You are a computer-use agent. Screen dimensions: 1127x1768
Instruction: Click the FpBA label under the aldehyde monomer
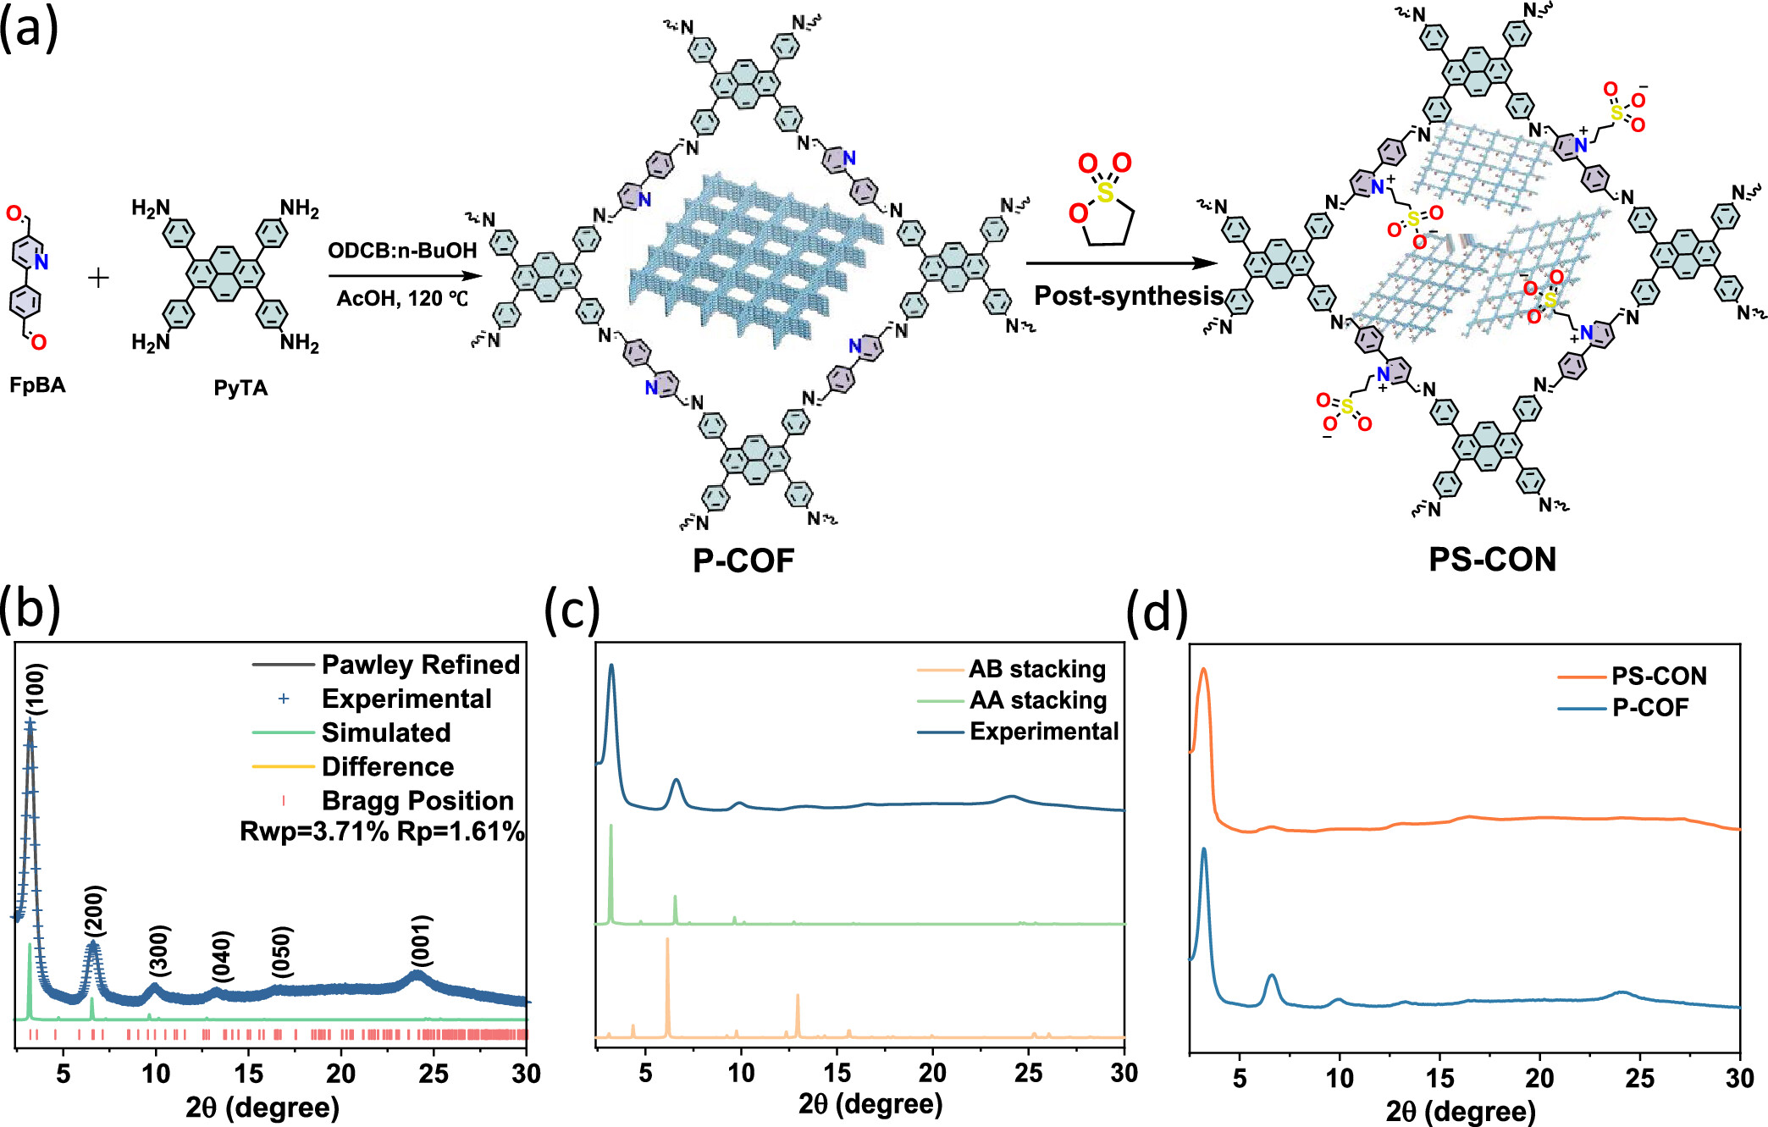click(x=37, y=385)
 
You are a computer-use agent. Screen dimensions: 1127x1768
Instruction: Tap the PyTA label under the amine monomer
click(x=240, y=388)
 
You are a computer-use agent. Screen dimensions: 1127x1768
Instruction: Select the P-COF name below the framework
click(x=743, y=561)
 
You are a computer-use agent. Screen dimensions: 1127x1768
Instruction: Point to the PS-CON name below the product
click(x=1492, y=560)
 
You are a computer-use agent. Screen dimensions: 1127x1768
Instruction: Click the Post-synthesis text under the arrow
click(x=1129, y=296)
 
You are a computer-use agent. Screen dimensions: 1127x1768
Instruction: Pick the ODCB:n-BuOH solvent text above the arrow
click(x=402, y=251)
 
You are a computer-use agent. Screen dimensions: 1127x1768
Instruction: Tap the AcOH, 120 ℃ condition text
click(x=402, y=299)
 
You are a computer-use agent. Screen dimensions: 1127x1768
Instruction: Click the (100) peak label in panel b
click(x=36, y=689)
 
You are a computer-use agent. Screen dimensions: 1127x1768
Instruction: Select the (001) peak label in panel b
click(x=421, y=940)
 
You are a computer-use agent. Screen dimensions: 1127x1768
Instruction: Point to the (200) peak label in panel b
click(x=95, y=911)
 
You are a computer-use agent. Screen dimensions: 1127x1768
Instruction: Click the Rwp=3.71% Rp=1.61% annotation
click(x=382, y=831)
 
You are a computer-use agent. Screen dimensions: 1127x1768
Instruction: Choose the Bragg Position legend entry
click(x=417, y=800)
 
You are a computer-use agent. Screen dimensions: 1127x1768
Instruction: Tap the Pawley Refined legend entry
click(x=421, y=665)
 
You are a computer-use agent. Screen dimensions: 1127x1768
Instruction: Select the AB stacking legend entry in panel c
click(x=1037, y=669)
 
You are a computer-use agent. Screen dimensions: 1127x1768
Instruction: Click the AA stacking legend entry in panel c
click(x=1038, y=700)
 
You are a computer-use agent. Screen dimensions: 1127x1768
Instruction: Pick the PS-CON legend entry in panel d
click(x=1659, y=676)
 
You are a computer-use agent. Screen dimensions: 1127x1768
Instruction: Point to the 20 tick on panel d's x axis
click(x=1539, y=1078)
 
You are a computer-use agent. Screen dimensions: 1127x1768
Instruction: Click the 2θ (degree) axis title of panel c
click(x=870, y=1103)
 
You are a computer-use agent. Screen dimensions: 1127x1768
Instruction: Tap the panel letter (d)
click(x=1157, y=612)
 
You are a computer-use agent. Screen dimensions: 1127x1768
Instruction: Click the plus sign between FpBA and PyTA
click(x=98, y=278)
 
